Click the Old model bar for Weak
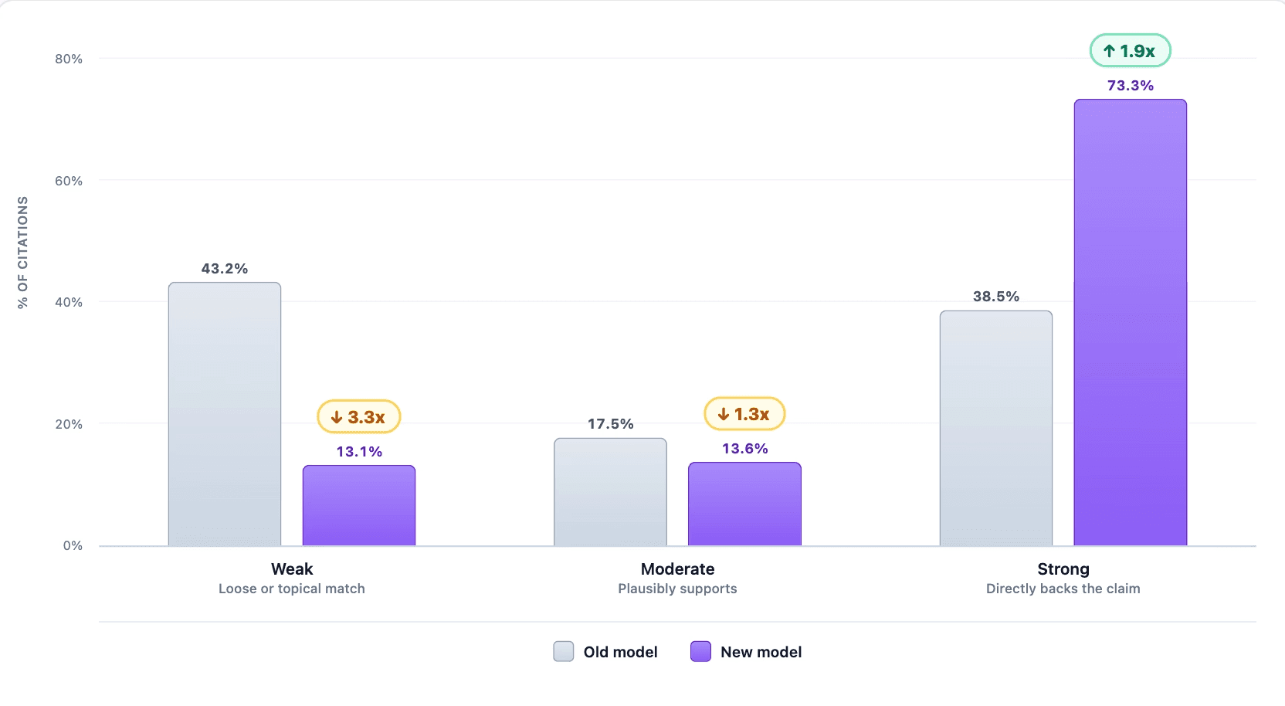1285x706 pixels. coord(224,414)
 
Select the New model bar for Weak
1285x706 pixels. coord(359,506)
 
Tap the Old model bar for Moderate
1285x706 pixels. coord(610,492)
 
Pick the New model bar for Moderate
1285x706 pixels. coord(744,504)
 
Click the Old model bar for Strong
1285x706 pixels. coord(996,428)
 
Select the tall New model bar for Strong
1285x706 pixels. coord(1130,323)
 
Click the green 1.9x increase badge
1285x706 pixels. coord(1130,50)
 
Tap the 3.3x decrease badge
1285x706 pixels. coord(359,416)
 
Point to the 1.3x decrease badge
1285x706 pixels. coord(744,414)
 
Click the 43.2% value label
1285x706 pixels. coord(224,269)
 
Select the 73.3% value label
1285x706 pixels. coord(1130,86)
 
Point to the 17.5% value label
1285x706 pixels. coord(610,424)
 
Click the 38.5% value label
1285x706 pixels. coord(996,297)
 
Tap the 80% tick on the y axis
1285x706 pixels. coord(69,59)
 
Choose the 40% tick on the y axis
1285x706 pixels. coord(69,303)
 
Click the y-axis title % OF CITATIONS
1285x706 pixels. coord(22,253)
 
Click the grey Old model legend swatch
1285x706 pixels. coord(563,651)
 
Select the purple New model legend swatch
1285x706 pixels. coord(700,651)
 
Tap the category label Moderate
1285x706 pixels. coord(677,569)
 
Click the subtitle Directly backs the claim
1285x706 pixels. coord(1063,589)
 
